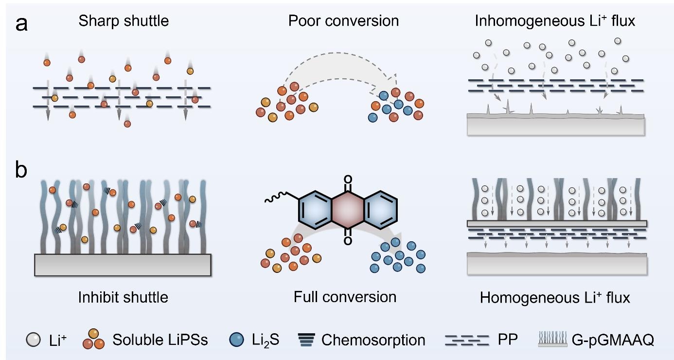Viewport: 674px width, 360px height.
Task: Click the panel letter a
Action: coord(22,23)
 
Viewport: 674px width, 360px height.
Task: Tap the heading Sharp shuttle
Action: coord(124,21)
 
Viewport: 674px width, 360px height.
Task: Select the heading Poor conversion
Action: coord(343,21)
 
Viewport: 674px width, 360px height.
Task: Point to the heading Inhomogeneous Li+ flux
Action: coord(555,21)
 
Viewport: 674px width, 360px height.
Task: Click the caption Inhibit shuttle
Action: coord(123,297)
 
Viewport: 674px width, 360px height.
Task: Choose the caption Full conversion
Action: coord(345,297)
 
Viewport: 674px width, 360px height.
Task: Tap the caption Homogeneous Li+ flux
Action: coord(555,298)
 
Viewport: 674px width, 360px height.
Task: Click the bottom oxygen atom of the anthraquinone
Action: coord(348,239)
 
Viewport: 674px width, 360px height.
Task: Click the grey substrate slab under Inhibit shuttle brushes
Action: coord(123,265)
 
